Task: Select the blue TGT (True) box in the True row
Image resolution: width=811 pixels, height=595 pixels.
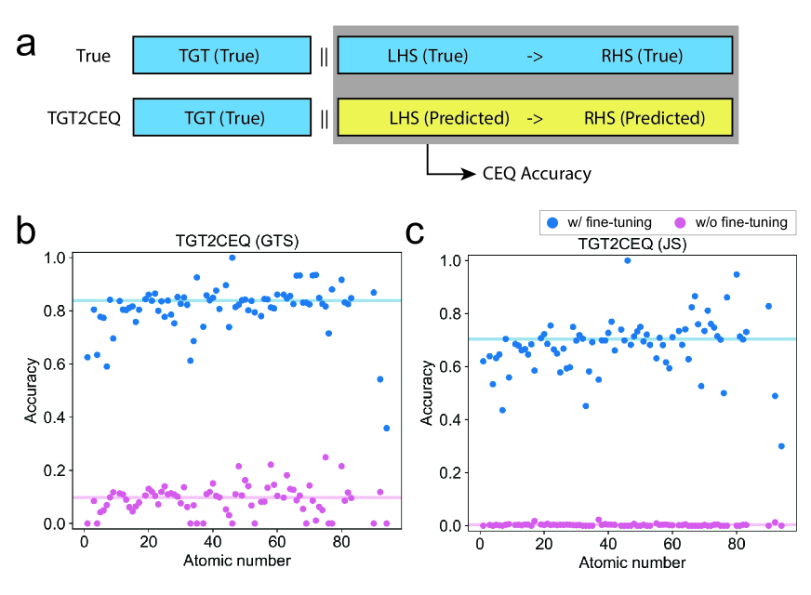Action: point(221,56)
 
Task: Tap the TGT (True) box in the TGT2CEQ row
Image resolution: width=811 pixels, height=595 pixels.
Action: point(221,118)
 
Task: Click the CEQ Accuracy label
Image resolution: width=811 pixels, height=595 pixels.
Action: point(537,173)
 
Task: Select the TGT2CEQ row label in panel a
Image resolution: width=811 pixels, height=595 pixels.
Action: point(84,119)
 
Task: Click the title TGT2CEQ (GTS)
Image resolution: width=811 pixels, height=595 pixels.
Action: point(232,242)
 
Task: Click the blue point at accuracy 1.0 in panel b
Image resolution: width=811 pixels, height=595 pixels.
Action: point(232,258)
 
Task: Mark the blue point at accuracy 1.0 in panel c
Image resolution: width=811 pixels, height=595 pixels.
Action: point(627,260)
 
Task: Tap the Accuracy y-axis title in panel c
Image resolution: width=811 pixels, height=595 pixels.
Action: point(427,392)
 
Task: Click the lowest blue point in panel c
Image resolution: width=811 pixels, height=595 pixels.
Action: point(781,446)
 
